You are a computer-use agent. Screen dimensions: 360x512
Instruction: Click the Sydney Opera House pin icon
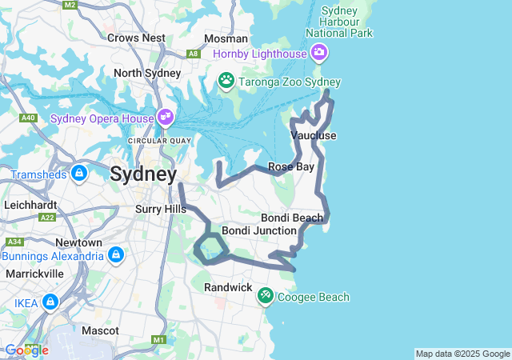coord(166,118)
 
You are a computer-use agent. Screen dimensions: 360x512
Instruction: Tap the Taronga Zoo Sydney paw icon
coord(226,80)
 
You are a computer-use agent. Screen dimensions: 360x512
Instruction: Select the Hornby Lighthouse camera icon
coord(319,53)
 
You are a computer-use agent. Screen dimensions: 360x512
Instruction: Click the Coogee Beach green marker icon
coord(265,297)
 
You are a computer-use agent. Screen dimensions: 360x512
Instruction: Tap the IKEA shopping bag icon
coord(50,303)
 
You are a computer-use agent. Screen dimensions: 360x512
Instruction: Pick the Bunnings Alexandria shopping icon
coord(116,255)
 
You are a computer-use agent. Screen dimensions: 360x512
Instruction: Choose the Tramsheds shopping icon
coord(79,173)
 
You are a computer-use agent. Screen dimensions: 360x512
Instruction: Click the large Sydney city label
coord(143,174)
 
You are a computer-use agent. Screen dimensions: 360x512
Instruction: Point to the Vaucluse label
coord(314,135)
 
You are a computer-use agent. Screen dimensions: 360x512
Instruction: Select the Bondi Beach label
coord(292,218)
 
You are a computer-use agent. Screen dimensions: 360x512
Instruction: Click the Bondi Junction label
coord(253,230)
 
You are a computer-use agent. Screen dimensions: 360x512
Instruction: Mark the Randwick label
coord(228,286)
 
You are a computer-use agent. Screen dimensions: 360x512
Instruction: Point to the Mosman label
coord(220,38)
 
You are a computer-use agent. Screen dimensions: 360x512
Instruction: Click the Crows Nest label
coord(136,38)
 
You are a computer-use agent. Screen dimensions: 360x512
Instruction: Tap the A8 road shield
coord(193,54)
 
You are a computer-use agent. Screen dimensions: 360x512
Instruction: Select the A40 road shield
coord(29,118)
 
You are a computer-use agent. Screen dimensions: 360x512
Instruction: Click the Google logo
coord(26,350)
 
